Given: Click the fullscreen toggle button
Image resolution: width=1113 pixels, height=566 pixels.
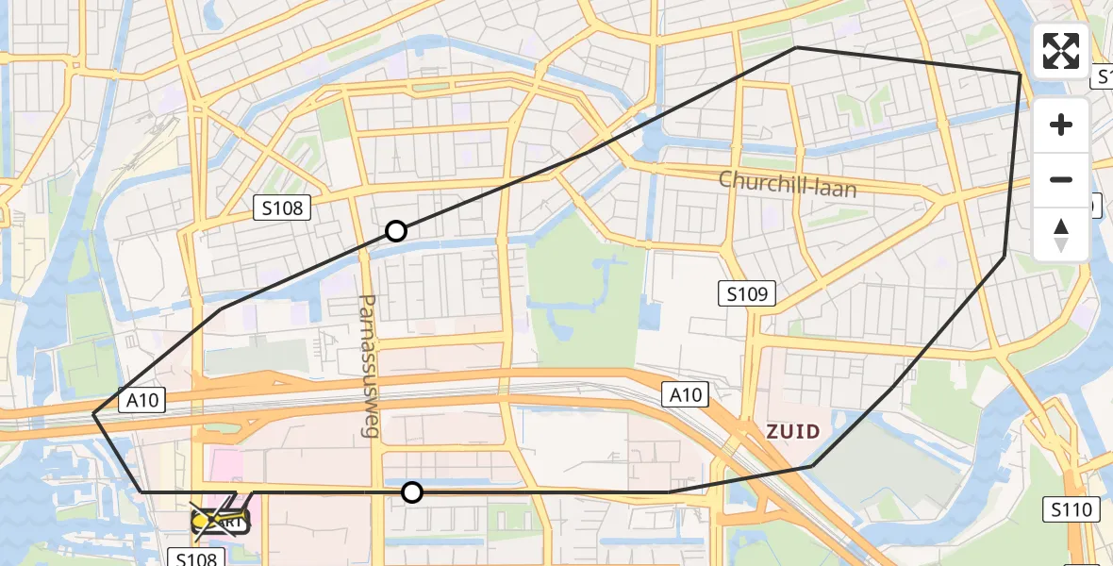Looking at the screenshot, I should (1061, 51).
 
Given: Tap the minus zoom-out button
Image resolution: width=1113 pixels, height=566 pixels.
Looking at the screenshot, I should (1061, 179).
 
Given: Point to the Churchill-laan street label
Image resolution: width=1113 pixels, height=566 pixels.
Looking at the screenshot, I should (787, 183).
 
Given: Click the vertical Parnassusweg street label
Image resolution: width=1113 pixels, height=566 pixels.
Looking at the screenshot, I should (369, 365).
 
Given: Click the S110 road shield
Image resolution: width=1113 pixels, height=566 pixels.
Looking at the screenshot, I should (1071, 510).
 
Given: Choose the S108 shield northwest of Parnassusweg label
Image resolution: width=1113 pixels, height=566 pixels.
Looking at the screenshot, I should (282, 208).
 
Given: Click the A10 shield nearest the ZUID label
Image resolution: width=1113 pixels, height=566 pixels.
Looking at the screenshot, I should (685, 394).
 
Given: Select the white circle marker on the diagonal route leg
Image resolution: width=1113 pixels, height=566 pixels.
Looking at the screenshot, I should (396, 231).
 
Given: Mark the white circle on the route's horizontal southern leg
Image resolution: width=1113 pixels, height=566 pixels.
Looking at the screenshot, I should (412, 491).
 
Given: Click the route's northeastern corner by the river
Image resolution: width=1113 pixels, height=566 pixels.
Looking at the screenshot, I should (1020, 74).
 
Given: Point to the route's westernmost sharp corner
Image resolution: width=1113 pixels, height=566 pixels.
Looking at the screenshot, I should (93, 414).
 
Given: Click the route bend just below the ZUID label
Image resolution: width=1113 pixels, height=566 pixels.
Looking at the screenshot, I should (811, 466).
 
